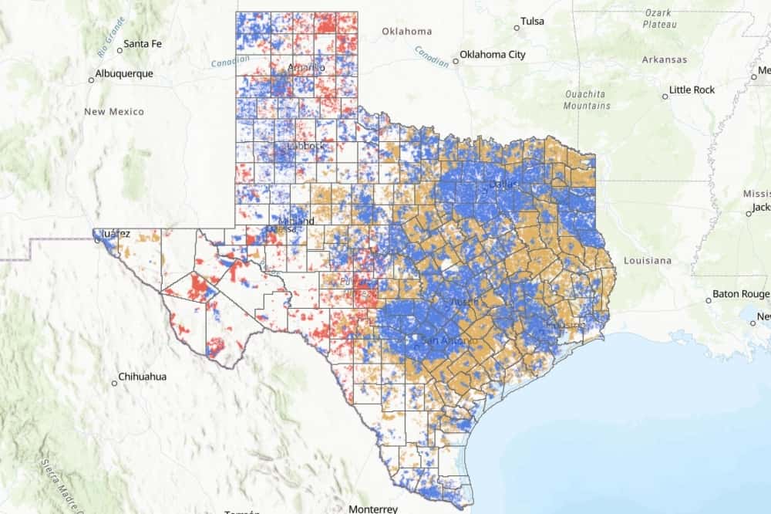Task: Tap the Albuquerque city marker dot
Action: click(x=91, y=79)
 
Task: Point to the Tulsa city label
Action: click(x=532, y=22)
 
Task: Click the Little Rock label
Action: click(x=692, y=90)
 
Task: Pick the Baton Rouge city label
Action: click(x=740, y=293)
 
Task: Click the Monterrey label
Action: click(x=373, y=509)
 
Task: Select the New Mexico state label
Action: click(x=114, y=112)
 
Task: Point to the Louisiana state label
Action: click(x=648, y=260)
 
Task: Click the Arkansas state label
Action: click(x=664, y=59)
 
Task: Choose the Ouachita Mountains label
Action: click(x=586, y=100)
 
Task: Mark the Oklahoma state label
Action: click(x=406, y=32)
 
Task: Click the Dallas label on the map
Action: click(x=503, y=184)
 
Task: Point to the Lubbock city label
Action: click(x=306, y=146)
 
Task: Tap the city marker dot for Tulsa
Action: click(x=517, y=28)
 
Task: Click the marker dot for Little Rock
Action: click(x=665, y=96)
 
